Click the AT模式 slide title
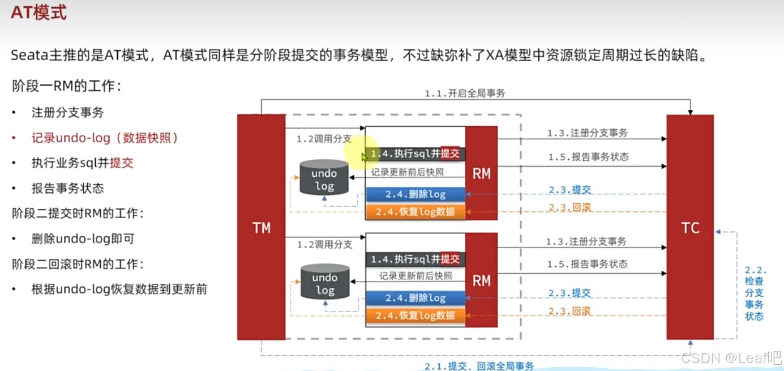pos(38,12)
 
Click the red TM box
pos(261,227)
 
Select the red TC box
pos(690,227)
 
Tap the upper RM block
pos(481,173)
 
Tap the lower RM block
pos(481,280)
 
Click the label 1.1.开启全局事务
pos(465,93)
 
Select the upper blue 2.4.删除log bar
pos(415,194)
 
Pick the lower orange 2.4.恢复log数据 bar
pos(415,315)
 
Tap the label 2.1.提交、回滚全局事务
pos(479,366)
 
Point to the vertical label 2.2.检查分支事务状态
pos(755,293)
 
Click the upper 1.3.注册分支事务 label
pos(587,133)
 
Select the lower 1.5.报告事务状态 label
pos(587,264)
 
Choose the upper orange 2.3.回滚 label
pos(569,207)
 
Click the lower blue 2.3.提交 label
pos(569,293)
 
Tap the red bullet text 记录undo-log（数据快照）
pos(105,138)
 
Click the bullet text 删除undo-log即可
pos(83,238)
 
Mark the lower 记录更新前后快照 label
pos(415,276)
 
